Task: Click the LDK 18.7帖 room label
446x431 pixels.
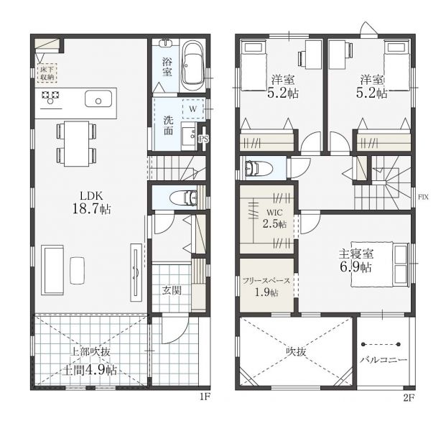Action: click(92, 203)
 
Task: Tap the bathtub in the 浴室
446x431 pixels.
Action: click(193, 66)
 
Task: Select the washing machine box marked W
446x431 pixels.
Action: click(193, 108)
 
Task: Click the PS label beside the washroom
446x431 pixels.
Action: click(203, 139)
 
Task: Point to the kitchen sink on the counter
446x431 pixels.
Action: click(98, 99)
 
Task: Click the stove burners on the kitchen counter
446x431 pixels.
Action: click(50, 97)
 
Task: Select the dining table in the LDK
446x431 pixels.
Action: click(77, 144)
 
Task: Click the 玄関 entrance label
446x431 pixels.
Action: click(172, 290)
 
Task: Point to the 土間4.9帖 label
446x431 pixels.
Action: click(89, 370)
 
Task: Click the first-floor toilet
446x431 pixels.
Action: click(184, 198)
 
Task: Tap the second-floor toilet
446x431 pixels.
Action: click(259, 169)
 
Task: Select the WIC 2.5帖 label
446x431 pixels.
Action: click(274, 218)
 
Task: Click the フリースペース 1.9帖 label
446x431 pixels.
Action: click(266, 287)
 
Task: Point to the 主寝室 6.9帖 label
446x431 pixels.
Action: click(356, 261)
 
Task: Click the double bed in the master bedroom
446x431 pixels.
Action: click(380, 264)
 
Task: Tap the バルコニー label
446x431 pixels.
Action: click(384, 360)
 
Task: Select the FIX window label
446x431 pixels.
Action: click(423, 197)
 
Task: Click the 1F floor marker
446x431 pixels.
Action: click(204, 397)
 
